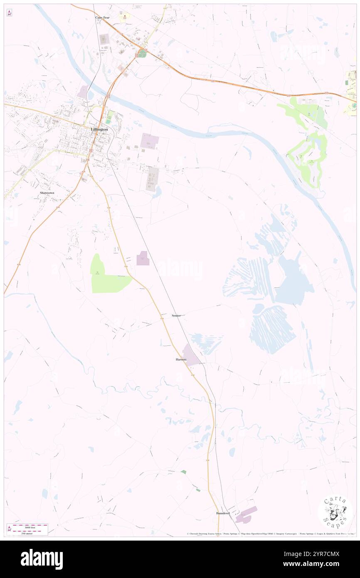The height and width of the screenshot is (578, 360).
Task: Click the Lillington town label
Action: pos(99,129)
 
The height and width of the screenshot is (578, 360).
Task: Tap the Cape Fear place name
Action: pos(102,17)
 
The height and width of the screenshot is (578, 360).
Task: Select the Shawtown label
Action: pos(47,193)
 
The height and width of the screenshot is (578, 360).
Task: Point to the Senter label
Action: pos(176,316)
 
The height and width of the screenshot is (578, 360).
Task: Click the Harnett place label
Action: pos(180,359)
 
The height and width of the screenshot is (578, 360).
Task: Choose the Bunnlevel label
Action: pos(223,513)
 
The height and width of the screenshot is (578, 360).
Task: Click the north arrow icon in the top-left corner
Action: pos(9,13)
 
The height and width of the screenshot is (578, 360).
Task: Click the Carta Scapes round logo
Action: pos(335,513)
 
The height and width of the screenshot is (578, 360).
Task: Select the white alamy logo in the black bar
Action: pos(42,559)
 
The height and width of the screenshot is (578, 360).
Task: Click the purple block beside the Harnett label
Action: pos(192,356)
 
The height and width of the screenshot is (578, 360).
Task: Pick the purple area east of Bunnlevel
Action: pos(246,515)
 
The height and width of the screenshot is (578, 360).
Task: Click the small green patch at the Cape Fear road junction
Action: pos(142,54)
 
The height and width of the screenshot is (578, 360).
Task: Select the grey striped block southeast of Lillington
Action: pos(152,179)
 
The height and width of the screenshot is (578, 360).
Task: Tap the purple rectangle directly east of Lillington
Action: pos(149,141)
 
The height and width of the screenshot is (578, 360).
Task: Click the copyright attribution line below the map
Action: pos(270,534)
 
